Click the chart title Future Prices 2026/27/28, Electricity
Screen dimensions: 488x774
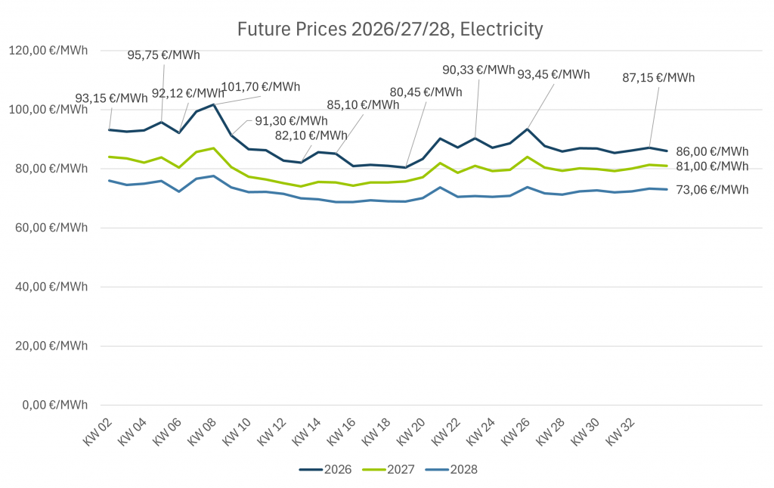click(x=390, y=30)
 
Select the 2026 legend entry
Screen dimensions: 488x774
click(x=326, y=469)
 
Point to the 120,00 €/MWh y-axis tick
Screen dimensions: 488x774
click(x=48, y=50)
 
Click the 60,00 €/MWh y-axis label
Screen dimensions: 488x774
click(x=48, y=228)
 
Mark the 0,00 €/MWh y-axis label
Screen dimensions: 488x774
click(x=51, y=405)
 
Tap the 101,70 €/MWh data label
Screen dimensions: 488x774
click(x=260, y=86)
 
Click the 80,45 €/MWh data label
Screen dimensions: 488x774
click(x=426, y=92)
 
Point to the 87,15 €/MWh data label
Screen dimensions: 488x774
click(x=658, y=77)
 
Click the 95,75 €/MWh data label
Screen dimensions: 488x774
click(x=164, y=54)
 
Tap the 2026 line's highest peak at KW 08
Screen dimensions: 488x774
click(x=214, y=104)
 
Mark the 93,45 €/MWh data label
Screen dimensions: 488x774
click(x=553, y=74)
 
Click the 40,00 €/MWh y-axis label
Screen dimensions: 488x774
click(x=48, y=287)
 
